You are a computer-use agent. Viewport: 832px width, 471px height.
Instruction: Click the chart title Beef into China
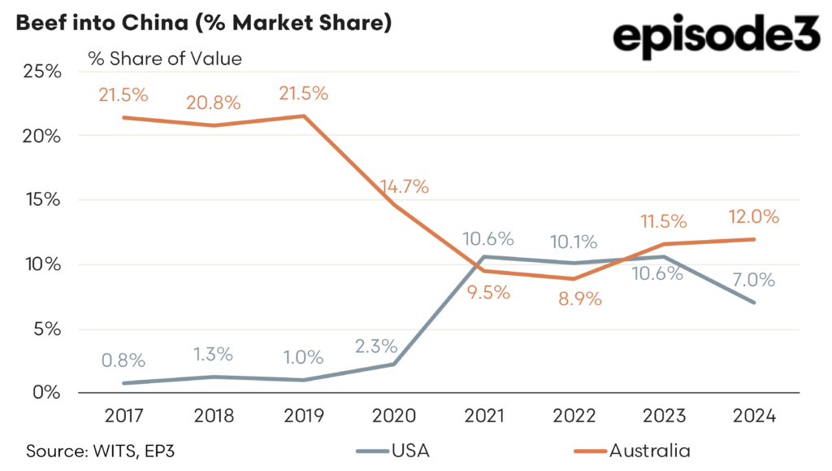(x=203, y=22)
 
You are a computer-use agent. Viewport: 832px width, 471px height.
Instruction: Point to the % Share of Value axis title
(x=165, y=59)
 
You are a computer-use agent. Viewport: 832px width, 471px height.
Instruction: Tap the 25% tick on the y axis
(x=41, y=72)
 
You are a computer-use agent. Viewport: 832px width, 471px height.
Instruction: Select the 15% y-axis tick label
(x=41, y=200)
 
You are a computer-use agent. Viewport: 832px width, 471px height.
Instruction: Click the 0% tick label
(x=46, y=393)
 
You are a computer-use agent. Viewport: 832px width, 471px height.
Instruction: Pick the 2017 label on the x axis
(x=124, y=416)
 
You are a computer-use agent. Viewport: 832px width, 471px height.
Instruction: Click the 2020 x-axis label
(x=394, y=416)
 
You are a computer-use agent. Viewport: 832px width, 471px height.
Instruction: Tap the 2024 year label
(x=755, y=416)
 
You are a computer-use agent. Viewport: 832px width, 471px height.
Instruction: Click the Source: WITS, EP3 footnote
(x=97, y=450)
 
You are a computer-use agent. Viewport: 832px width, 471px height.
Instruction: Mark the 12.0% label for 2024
(x=755, y=217)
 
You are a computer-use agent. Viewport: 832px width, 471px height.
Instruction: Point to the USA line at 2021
(x=485, y=257)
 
